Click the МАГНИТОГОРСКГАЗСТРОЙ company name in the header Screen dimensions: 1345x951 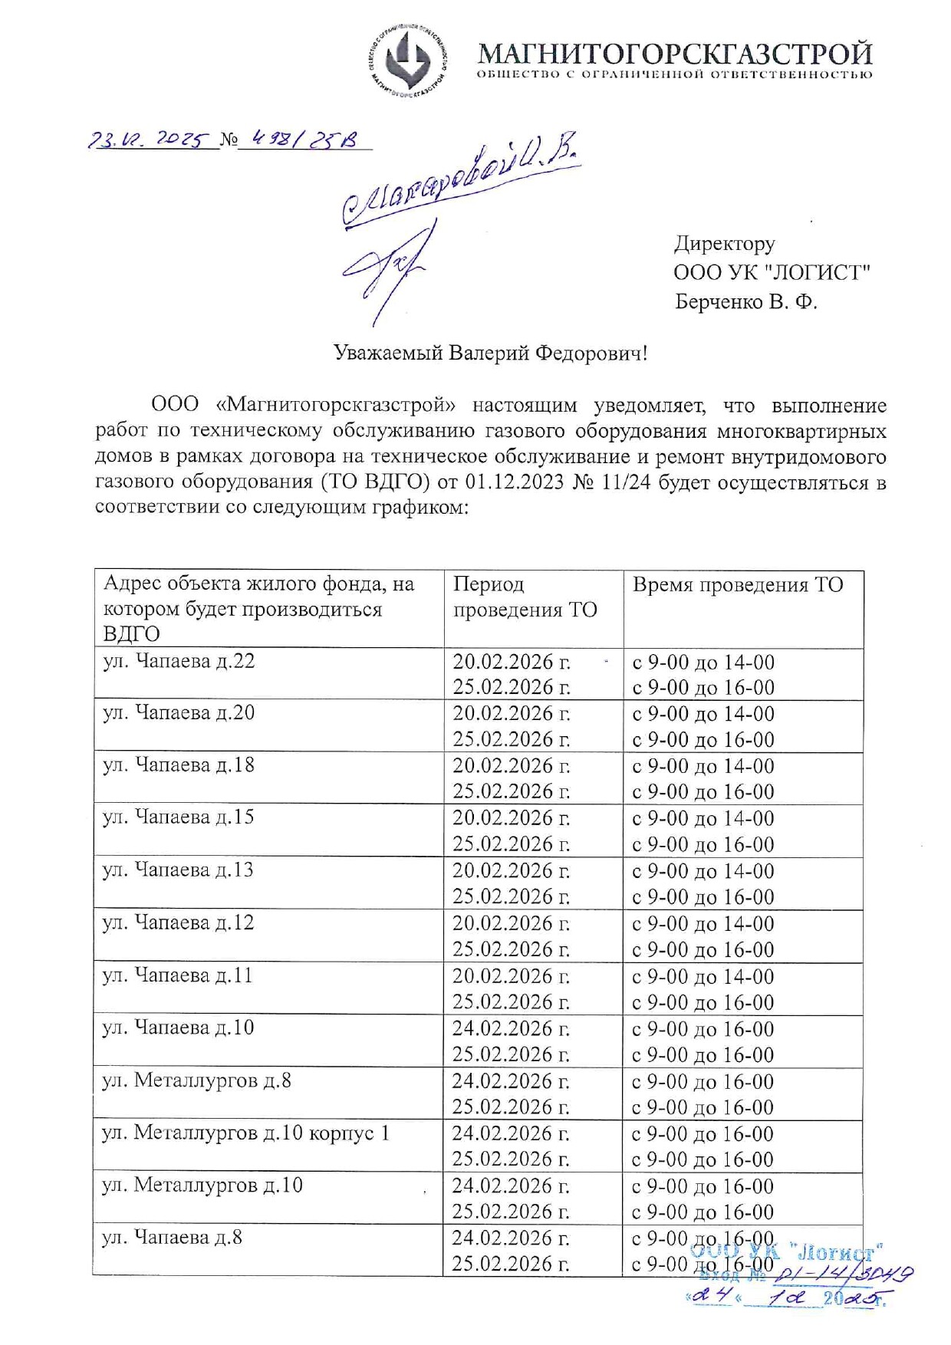coord(675,54)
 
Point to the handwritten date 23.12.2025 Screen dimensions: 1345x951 coord(149,140)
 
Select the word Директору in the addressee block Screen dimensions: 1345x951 coord(724,244)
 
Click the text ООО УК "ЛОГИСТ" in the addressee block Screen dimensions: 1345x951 coord(772,272)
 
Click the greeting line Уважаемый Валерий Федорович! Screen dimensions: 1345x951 coord(490,353)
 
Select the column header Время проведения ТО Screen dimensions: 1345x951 coord(737,585)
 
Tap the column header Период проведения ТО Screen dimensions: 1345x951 coord(525,597)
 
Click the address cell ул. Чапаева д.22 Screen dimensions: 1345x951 coord(179,661)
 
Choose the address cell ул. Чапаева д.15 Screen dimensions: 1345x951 coord(178,817)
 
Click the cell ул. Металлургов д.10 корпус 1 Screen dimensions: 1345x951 coord(245,1133)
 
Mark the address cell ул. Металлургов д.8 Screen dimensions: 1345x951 coord(196,1080)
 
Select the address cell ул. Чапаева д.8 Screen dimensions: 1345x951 coord(172,1237)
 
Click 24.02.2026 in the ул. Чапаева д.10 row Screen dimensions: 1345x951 coord(510,1028)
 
